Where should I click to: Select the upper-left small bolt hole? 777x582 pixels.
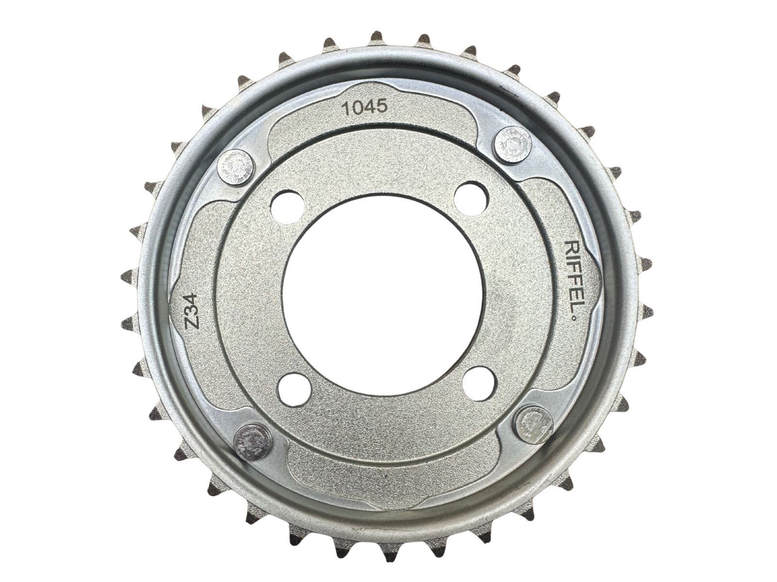coord(286,207)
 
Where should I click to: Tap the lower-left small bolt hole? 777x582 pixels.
coord(294,389)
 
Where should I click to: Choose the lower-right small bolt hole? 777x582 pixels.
coord(479,381)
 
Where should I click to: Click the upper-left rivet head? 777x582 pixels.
coord(236,167)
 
